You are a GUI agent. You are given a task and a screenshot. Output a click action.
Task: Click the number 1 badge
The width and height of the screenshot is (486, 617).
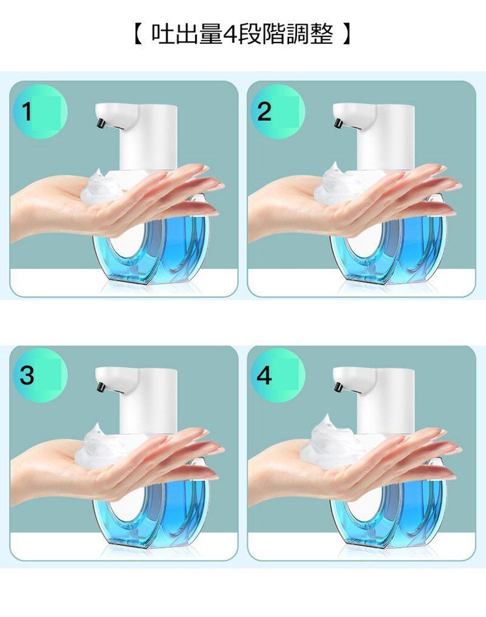(x=40, y=112)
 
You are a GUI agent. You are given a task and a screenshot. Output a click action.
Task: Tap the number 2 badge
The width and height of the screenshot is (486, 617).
(x=278, y=112)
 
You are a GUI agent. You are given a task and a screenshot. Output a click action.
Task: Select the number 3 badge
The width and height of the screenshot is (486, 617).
(x=40, y=375)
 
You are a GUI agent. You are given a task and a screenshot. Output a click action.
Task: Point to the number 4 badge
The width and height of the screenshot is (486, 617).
(x=278, y=375)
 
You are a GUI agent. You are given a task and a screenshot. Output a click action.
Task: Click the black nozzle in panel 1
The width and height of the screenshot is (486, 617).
(x=101, y=123)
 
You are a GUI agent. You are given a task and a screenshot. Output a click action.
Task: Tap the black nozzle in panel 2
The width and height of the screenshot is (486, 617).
(x=338, y=123)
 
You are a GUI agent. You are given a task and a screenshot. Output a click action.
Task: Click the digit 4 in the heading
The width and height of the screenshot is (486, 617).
(x=229, y=35)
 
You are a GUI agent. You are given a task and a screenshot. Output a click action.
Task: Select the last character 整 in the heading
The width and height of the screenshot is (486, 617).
(x=323, y=34)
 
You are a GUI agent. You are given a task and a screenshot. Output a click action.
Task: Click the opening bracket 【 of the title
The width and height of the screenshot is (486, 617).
(x=137, y=34)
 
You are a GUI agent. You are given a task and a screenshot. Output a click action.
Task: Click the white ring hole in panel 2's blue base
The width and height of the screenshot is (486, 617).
(x=364, y=241)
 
